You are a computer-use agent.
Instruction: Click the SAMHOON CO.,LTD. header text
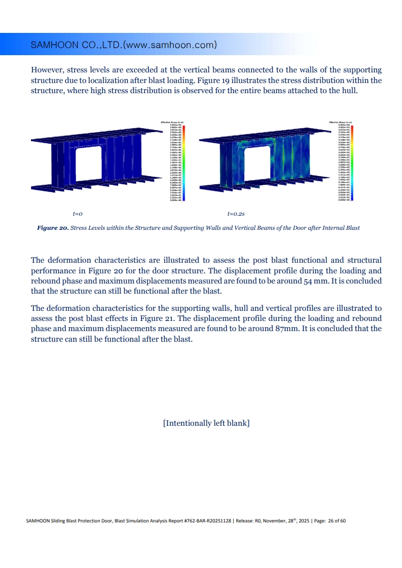tap(124, 45)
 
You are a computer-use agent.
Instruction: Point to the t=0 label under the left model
tap(78, 214)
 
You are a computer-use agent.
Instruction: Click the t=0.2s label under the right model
tap(237, 214)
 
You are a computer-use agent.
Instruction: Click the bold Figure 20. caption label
tap(53, 228)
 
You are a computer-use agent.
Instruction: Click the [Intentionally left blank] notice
tap(206, 423)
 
